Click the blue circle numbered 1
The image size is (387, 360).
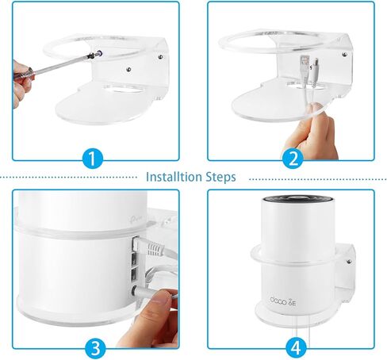[x=94, y=158]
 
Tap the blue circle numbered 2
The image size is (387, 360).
[x=293, y=158]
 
